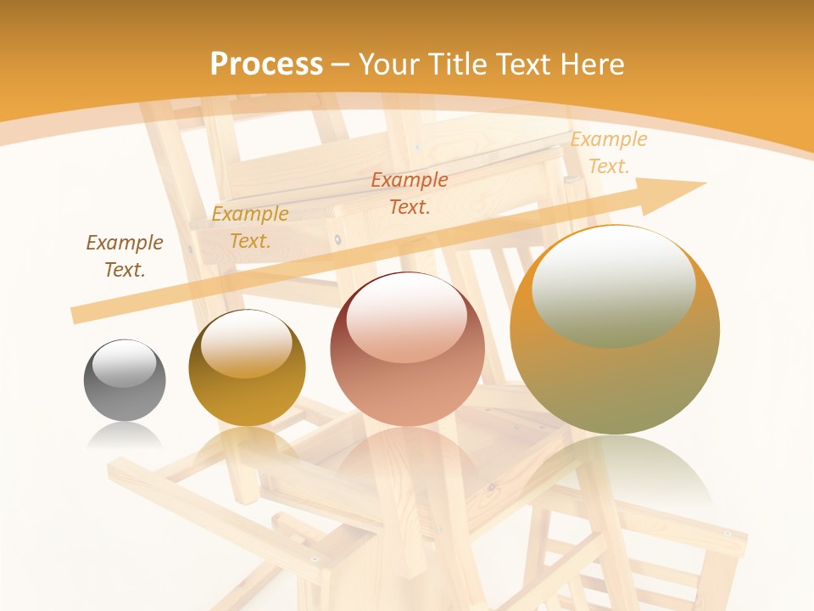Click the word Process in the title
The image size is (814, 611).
[266, 64]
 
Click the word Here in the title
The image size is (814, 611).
[594, 64]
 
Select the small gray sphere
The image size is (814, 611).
[125, 380]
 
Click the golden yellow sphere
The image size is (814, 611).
[247, 368]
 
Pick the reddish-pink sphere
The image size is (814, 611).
[407, 350]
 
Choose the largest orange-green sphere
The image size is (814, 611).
[615, 330]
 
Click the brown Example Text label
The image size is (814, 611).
[125, 256]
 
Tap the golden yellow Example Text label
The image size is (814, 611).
[250, 227]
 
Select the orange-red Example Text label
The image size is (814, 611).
[410, 193]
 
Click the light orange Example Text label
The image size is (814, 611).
[608, 153]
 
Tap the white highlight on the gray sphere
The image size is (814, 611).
[125, 363]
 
